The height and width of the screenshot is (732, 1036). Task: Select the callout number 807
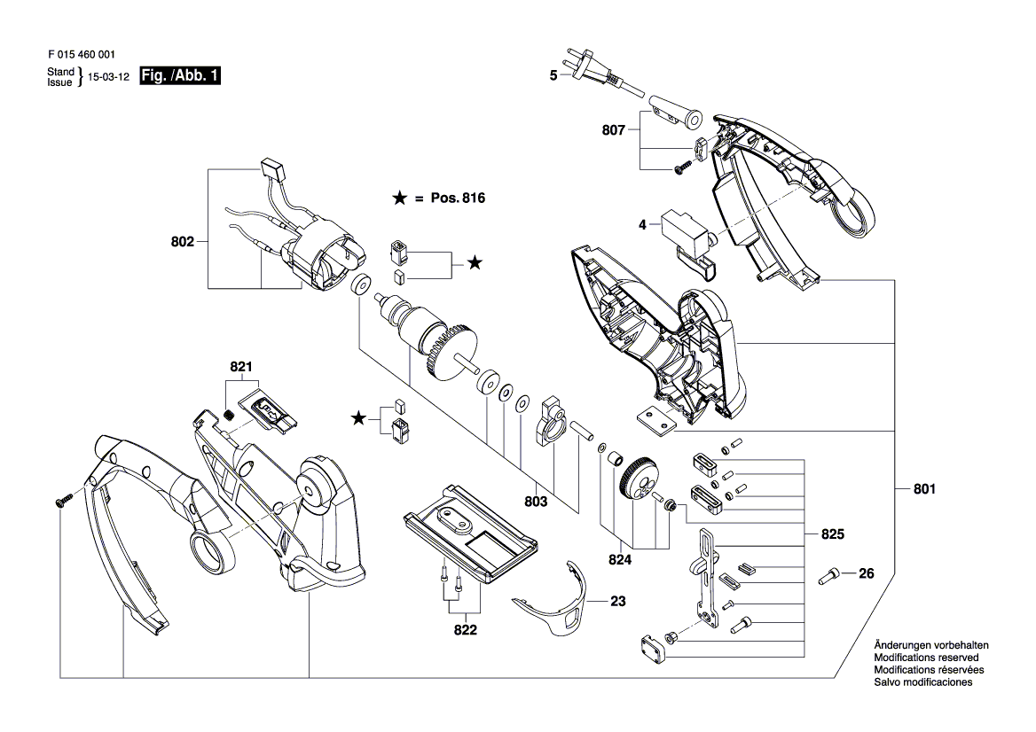click(613, 129)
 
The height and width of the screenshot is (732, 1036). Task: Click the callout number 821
click(241, 366)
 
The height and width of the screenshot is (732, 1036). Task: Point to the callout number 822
click(466, 631)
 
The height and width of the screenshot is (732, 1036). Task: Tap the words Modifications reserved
click(926, 658)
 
